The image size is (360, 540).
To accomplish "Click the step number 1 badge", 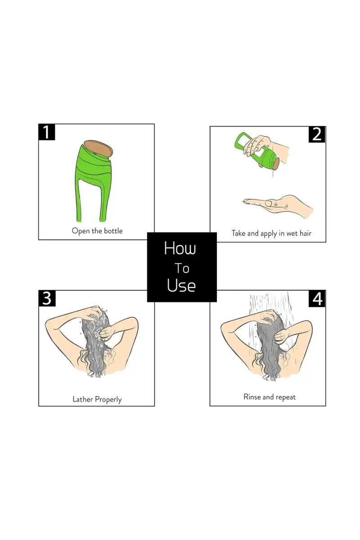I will [x=47, y=132].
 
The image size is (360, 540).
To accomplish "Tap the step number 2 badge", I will [x=317, y=134].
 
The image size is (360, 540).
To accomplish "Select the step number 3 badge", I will [x=47, y=298].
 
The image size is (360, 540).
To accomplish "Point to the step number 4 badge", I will [x=317, y=299].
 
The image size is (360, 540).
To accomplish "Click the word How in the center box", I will [x=180, y=248].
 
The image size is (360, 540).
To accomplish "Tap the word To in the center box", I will [x=182, y=269].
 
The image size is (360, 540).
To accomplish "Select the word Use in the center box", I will [x=181, y=285].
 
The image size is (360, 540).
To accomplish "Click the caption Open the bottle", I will [x=97, y=231].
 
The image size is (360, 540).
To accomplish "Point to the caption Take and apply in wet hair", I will [x=271, y=233].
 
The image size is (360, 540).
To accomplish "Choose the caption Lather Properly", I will [x=97, y=399].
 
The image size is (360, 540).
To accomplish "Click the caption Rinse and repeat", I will [x=270, y=397].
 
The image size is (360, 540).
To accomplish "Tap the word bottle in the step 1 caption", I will [x=112, y=231].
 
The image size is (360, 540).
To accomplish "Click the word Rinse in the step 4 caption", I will [x=252, y=397].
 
